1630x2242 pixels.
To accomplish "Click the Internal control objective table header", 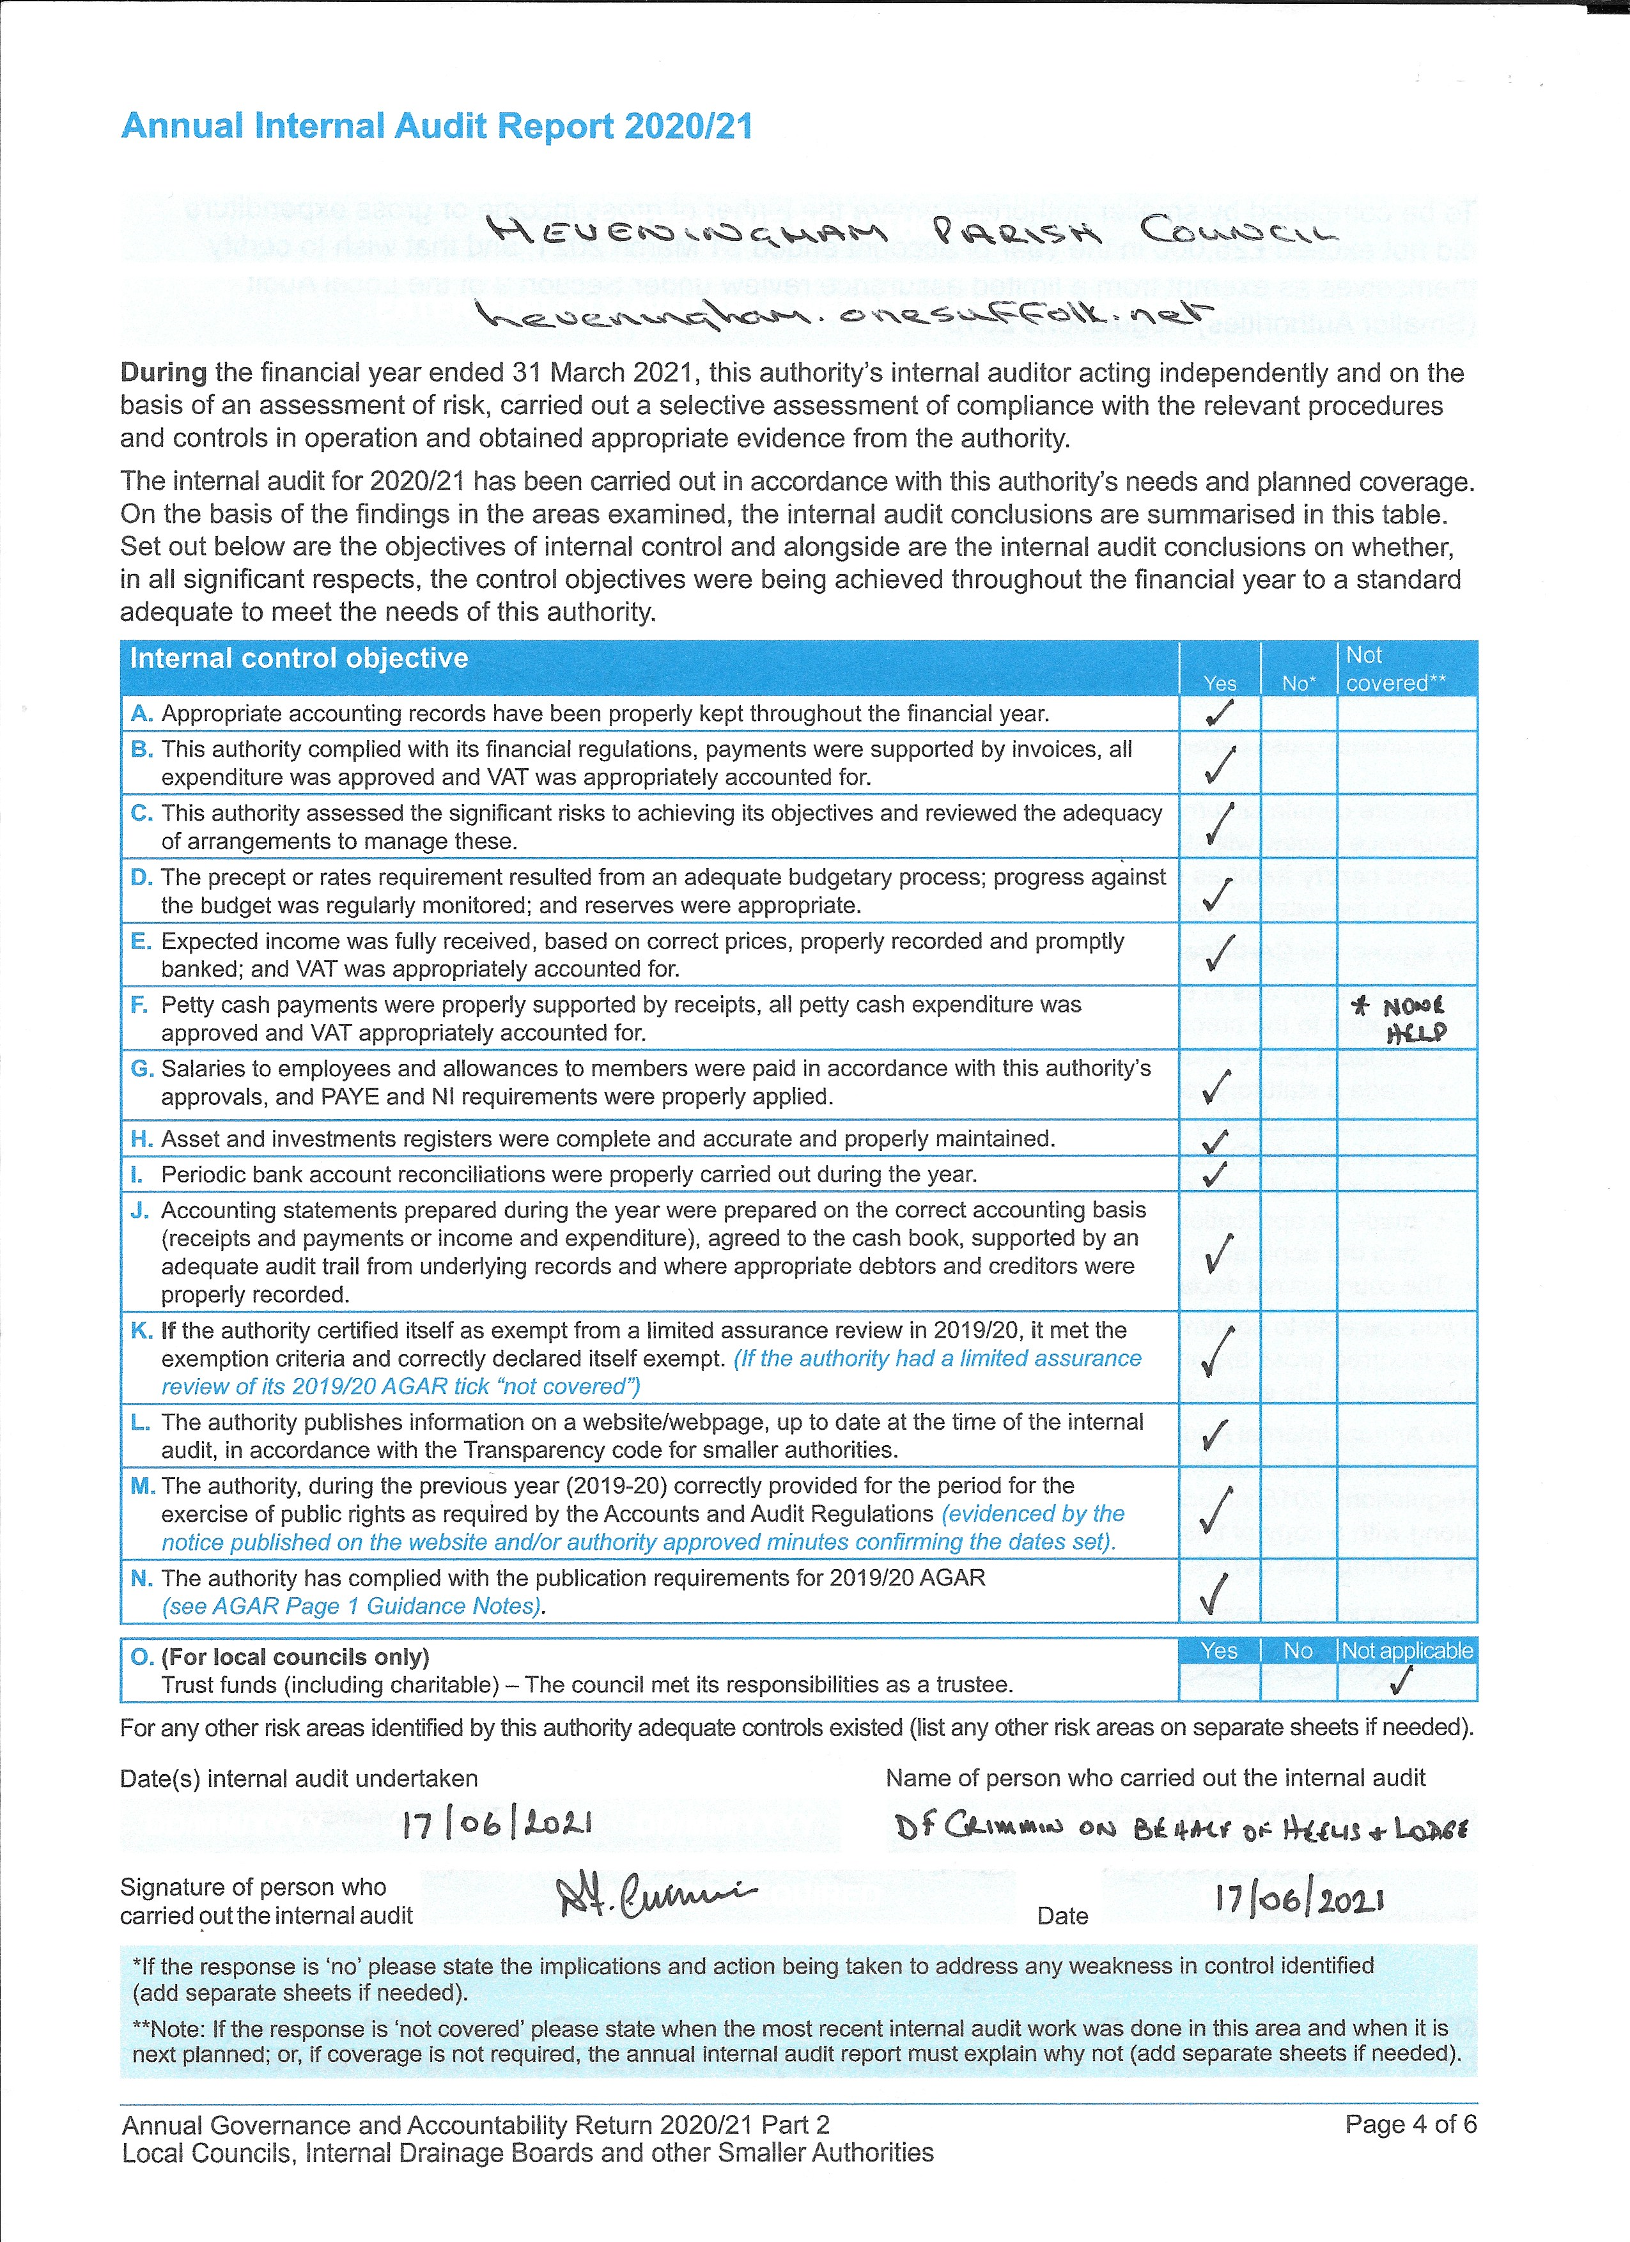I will tap(299, 658).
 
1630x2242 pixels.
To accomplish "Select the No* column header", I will tap(1298, 683).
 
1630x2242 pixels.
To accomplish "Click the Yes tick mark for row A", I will tap(1219, 713).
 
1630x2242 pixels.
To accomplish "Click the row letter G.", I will tap(141, 1069).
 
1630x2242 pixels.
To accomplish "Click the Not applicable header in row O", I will tap(1407, 1650).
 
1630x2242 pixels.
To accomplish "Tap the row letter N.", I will tap(141, 1579).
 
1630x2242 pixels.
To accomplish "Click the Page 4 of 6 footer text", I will tap(1411, 2124).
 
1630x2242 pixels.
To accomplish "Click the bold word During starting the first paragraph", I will tap(163, 373).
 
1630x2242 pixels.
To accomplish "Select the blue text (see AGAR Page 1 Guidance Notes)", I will tap(352, 1606).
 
